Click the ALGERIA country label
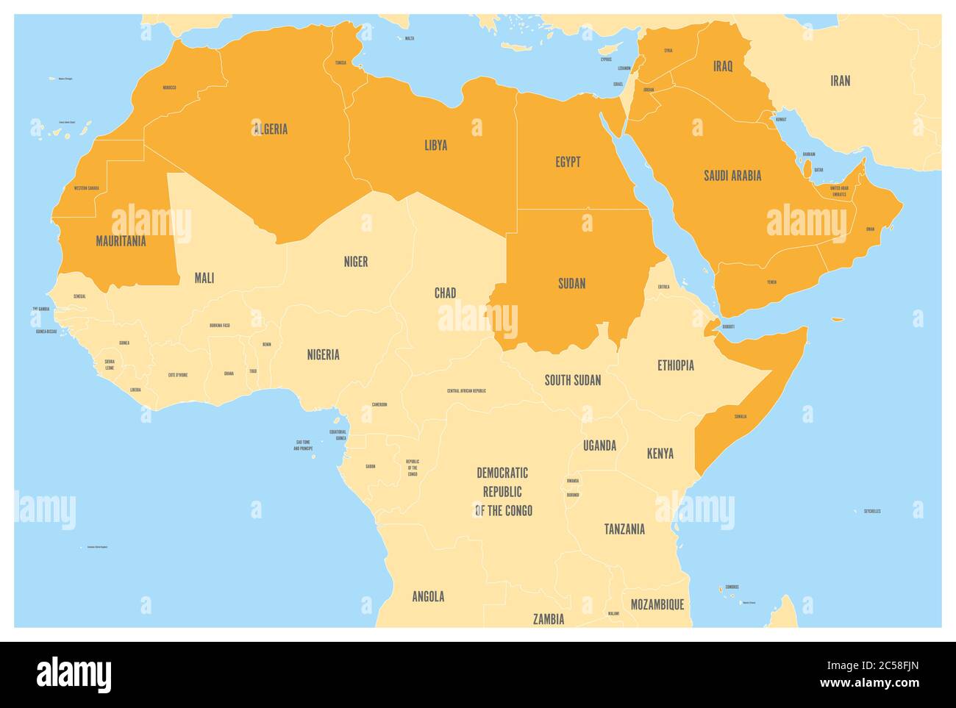coord(271,129)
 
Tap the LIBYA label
coord(435,145)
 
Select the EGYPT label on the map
coord(568,162)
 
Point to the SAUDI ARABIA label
coord(732,176)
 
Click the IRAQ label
coord(723,66)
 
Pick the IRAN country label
coord(841,81)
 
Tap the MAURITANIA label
coord(121,241)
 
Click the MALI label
coord(204,278)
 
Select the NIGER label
coord(356,262)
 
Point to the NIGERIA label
coord(324,354)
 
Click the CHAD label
coord(445,293)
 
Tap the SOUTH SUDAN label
coord(573,380)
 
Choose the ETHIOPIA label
coord(676,365)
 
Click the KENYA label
coord(660,454)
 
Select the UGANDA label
coord(600,446)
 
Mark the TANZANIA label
coord(624,529)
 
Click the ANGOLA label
coord(428,597)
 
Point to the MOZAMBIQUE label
coord(657,604)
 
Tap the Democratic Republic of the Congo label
coord(503,491)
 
